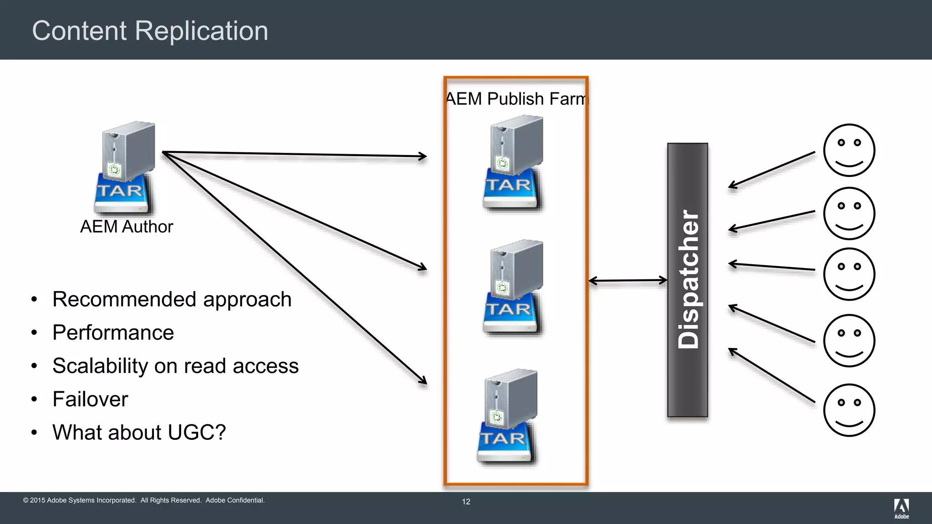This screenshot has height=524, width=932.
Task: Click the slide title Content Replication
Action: (150, 31)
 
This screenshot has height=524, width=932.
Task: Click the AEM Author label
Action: (127, 227)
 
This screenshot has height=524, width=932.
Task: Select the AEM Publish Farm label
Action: (516, 99)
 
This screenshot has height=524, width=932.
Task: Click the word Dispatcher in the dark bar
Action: (688, 279)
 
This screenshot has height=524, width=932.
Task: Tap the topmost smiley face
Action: (849, 150)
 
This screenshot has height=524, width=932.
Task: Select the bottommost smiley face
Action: (849, 410)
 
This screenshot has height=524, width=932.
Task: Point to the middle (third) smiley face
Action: (849, 274)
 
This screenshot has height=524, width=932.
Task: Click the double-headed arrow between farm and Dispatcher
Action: (628, 281)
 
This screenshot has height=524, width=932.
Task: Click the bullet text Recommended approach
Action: (172, 299)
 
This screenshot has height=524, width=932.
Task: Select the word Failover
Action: (90, 399)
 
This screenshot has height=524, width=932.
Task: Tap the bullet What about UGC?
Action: (139, 432)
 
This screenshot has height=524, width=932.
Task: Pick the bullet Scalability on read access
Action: (175, 366)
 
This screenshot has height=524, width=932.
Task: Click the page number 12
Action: (466, 502)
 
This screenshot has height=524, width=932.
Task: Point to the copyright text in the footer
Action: (144, 500)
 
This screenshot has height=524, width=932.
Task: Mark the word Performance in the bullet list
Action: (113, 333)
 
